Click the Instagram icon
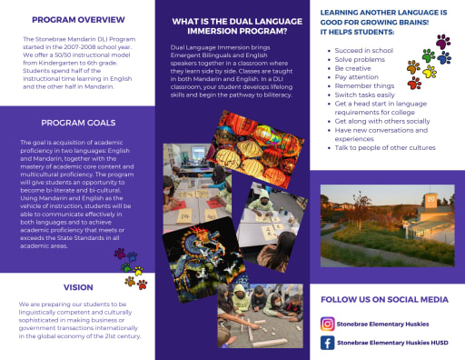pyautogui.click(x=328, y=323)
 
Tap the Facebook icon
pyautogui.click(x=328, y=343)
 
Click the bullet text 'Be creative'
pyautogui.click(x=352, y=68)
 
